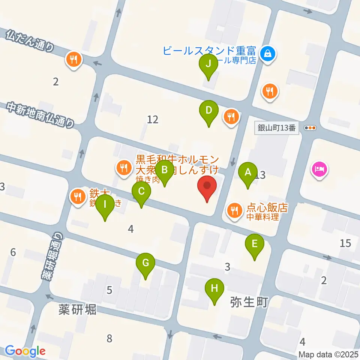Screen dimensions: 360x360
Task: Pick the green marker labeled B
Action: (x=164, y=170)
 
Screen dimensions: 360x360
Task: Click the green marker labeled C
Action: (x=141, y=192)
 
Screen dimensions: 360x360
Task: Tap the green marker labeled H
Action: (x=214, y=289)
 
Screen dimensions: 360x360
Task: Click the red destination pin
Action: (x=207, y=186)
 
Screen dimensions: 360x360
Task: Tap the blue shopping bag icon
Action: (x=268, y=54)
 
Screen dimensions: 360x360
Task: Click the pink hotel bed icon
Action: (x=319, y=169)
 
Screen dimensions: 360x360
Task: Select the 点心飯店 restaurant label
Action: (x=267, y=208)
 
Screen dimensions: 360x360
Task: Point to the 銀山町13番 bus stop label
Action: (x=277, y=128)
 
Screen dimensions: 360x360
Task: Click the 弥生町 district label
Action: (x=249, y=301)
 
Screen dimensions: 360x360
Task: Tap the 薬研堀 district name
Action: (x=77, y=309)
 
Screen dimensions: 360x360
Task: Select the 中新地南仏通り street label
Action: (x=40, y=115)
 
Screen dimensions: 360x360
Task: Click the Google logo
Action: (x=25, y=351)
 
